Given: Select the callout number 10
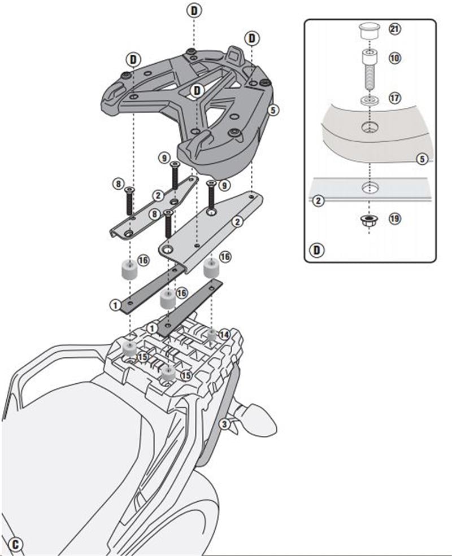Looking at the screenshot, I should coord(395,58).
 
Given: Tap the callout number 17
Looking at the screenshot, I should coord(395,98).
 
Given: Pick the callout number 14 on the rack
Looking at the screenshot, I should coord(225,334).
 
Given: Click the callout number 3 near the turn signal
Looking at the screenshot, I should coord(224,423).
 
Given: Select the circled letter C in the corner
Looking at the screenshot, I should coord(16,544).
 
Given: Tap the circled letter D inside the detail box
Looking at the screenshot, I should coord(318,249).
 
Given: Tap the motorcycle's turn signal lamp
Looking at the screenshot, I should coord(259,416).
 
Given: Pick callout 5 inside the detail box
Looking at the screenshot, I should coord(421,159).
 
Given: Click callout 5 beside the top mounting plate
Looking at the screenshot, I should coord(273,111).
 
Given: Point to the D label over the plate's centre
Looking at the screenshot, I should coord(197,90).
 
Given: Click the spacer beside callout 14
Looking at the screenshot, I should coord(212,335).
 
